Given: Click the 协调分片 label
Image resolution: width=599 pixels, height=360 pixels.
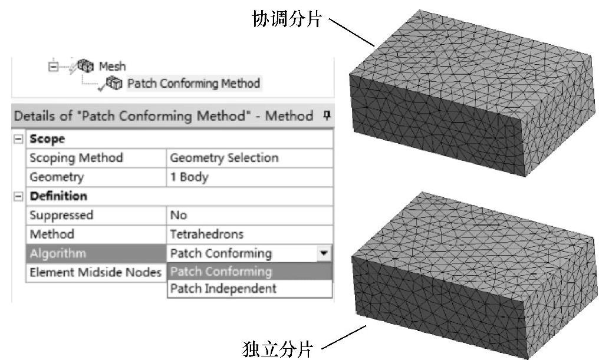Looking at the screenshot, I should click(286, 19).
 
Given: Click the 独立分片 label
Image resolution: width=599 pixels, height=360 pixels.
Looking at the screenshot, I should click(277, 348).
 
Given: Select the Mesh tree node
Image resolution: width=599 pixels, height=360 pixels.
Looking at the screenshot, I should click(111, 66).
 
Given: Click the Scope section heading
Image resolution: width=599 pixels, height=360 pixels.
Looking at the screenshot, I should click(47, 139).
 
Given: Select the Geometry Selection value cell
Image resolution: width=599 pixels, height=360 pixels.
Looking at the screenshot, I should click(224, 158).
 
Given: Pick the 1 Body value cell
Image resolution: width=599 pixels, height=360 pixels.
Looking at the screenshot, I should click(189, 177).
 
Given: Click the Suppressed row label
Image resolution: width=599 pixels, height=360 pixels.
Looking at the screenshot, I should click(61, 215).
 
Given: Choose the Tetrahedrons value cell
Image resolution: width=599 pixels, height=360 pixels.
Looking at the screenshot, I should click(206, 234).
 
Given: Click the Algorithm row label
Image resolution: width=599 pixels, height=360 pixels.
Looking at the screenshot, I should click(57, 253).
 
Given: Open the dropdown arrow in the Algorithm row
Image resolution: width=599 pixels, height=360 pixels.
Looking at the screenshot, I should click(323, 253).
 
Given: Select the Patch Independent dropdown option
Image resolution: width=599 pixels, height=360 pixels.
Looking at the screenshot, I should click(223, 289).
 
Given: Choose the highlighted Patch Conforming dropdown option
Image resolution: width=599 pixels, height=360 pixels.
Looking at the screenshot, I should click(221, 272).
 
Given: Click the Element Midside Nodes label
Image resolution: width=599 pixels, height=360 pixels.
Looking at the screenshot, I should click(95, 272).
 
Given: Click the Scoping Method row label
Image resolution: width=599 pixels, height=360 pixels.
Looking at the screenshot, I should click(76, 158).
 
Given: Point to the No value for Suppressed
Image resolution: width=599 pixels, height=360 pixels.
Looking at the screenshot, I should click(179, 215).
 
